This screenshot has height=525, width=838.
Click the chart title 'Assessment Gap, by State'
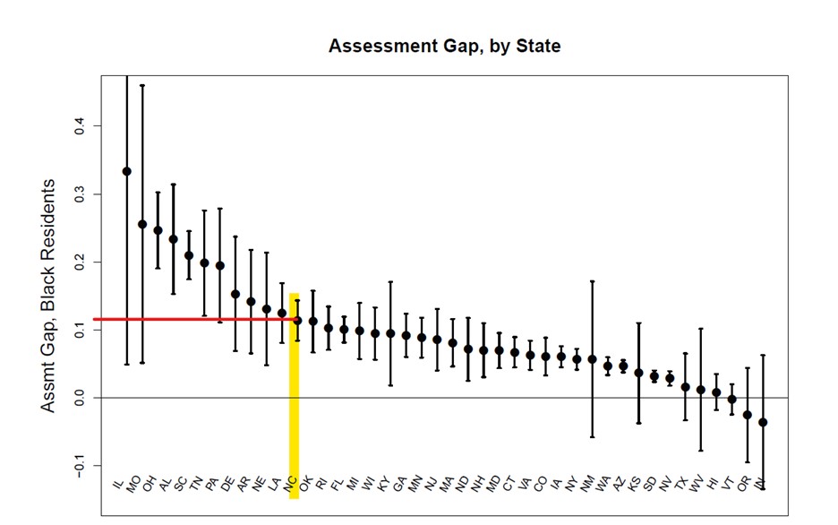[x=444, y=46]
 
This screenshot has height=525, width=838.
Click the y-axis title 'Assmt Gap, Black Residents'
[x=48, y=296]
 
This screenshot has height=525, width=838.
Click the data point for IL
[x=127, y=171]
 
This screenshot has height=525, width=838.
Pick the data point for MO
[x=142, y=224]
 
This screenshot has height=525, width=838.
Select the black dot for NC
[x=297, y=320]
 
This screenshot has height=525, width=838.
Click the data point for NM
[x=592, y=358]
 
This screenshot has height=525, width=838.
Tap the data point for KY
[x=390, y=333]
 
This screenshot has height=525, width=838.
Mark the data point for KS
[x=638, y=373]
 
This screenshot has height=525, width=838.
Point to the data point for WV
[x=701, y=391]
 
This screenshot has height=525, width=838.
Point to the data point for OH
[x=158, y=230]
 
